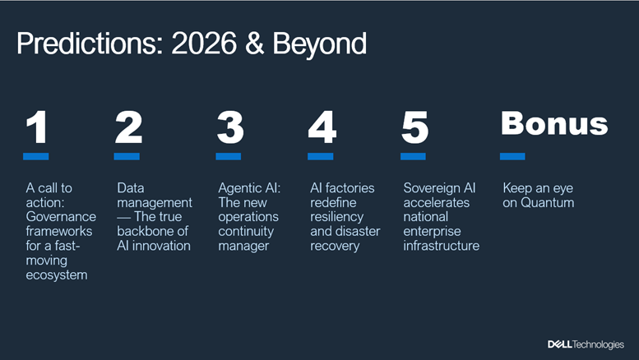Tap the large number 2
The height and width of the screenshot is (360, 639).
pos(129,127)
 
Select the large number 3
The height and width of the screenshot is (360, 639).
pos(230,127)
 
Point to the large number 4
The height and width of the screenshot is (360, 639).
pos(322,127)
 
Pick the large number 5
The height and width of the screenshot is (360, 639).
pos(415,127)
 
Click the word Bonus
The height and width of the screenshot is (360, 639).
pos(554,123)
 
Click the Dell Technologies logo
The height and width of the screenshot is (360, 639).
pos(585,344)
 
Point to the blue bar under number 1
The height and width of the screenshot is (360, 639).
pos(35,156)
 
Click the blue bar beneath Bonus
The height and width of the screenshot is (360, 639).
pos(513,156)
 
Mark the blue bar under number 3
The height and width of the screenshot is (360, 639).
pos(229,156)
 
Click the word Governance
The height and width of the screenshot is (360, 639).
pos(61,217)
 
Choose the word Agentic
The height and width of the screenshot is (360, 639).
pos(238,188)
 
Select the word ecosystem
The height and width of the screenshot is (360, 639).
pos(56,275)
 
